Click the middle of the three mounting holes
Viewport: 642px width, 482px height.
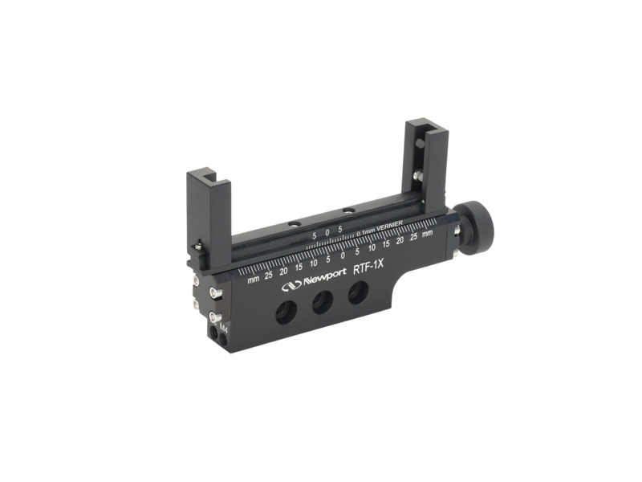click(x=321, y=303)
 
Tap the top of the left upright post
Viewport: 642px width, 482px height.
click(x=208, y=174)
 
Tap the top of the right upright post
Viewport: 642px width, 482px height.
click(x=421, y=125)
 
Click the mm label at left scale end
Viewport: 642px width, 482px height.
click(x=254, y=280)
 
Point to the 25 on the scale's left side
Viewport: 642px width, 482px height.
click(x=269, y=275)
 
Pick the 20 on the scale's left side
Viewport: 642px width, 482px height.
click(x=283, y=272)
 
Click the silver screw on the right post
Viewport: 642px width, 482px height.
click(x=417, y=174)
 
